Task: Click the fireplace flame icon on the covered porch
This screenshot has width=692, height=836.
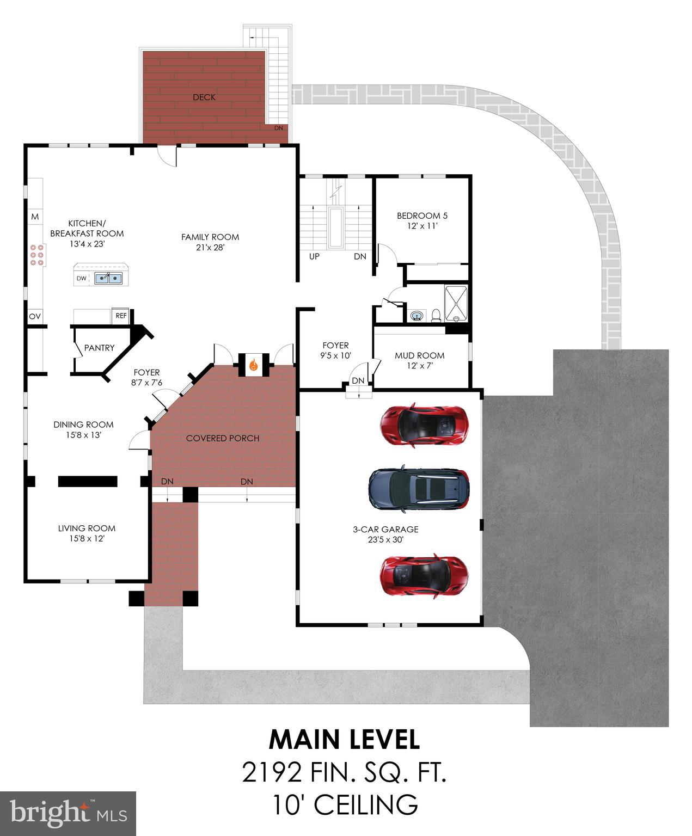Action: [x=253, y=365]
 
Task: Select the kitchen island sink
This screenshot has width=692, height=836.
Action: [x=108, y=279]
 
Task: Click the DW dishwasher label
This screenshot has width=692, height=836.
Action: [x=81, y=279]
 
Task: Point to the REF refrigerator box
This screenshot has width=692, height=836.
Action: [x=121, y=316]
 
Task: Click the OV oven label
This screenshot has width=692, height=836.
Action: [x=35, y=316]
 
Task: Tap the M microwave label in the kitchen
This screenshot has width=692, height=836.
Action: [x=35, y=217]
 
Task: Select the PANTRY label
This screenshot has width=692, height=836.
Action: [x=99, y=348]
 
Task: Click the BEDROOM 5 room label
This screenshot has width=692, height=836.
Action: [x=422, y=216]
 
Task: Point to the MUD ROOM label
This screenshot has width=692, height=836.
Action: [x=419, y=355]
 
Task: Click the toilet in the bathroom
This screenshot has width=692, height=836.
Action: [x=436, y=315]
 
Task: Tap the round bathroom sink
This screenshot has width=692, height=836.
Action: [x=417, y=315]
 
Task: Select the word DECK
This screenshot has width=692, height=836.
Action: [x=204, y=97]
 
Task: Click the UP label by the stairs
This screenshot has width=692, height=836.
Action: [x=314, y=256]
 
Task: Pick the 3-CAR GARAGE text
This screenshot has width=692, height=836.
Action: [x=385, y=529]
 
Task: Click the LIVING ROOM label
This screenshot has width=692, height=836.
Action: [x=87, y=528]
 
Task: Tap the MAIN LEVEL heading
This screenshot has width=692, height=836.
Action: [x=344, y=740]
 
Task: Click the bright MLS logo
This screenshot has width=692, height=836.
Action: [x=68, y=814]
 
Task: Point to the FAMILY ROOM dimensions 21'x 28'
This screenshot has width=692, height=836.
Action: [x=210, y=247]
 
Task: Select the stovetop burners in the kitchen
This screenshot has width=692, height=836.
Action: [x=37, y=255]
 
